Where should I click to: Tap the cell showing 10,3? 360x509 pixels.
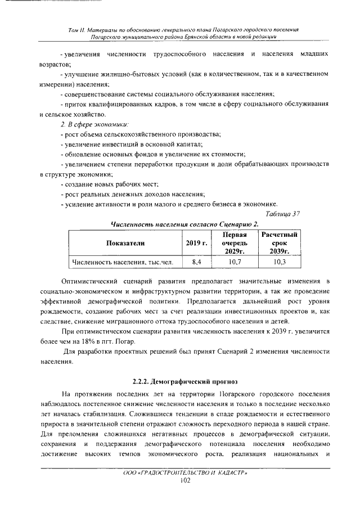tap(278, 262)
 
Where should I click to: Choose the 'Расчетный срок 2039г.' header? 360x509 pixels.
tap(278, 243)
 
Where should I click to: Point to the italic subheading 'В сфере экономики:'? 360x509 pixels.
tap(95, 123)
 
